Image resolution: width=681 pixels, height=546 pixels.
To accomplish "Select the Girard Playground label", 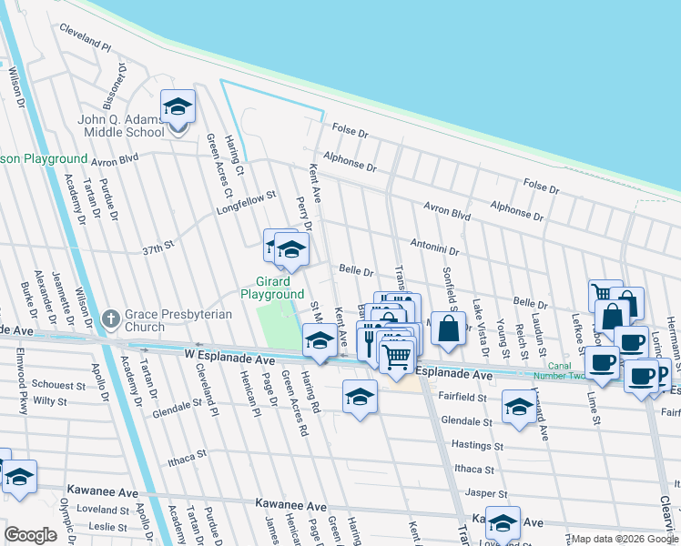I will [272, 288].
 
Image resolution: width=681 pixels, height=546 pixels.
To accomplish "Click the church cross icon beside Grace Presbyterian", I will [110, 318].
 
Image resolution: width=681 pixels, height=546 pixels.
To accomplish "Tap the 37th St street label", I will [157, 248].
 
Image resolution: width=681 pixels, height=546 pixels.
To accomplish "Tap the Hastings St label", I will [479, 446].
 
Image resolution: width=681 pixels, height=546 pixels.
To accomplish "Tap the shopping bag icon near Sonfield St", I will [448, 331].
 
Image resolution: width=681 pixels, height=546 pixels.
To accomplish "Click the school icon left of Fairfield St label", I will [361, 398].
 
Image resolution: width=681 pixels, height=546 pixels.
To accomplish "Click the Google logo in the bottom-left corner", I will [30, 535].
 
